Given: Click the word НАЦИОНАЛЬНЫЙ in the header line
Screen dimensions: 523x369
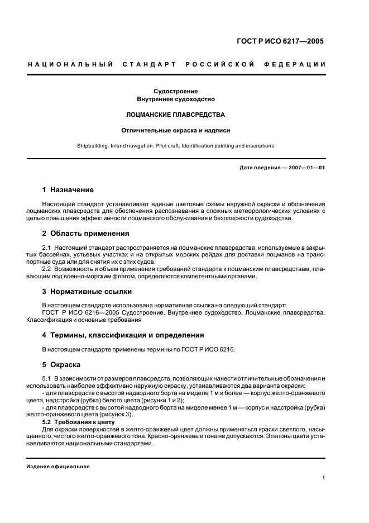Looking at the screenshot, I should [70, 64].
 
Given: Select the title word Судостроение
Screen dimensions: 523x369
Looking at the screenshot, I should [176, 91].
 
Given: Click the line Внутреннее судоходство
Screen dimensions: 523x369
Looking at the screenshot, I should [176, 99].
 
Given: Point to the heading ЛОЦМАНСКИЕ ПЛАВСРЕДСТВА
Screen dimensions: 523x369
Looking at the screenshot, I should [176, 115].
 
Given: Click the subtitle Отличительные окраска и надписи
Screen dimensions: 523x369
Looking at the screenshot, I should [176, 130].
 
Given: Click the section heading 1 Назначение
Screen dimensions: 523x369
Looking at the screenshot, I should [68, 190].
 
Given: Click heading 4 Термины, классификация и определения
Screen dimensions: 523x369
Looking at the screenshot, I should [123, 335].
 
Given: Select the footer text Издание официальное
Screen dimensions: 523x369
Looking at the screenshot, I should [59, 467].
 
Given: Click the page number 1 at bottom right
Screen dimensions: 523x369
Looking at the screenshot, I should [324, 478].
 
